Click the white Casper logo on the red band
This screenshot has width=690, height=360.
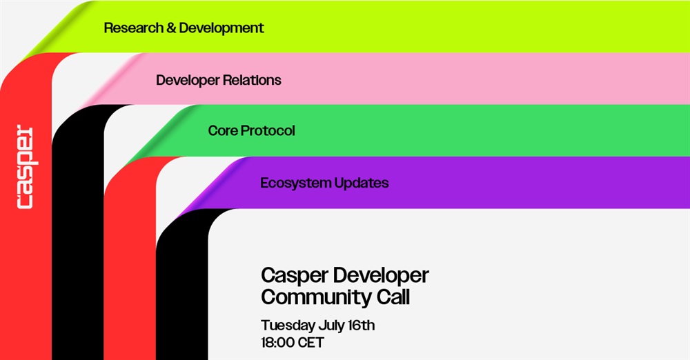point(25,167)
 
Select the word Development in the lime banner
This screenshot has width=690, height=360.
point(221,28)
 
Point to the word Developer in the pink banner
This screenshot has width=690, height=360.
point(188,81)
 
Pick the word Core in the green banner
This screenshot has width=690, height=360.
point(223,131)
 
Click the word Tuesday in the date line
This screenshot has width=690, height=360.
point(288,326)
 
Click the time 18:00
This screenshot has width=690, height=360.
point(277,342)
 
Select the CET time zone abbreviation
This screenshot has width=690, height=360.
point(310,342)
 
